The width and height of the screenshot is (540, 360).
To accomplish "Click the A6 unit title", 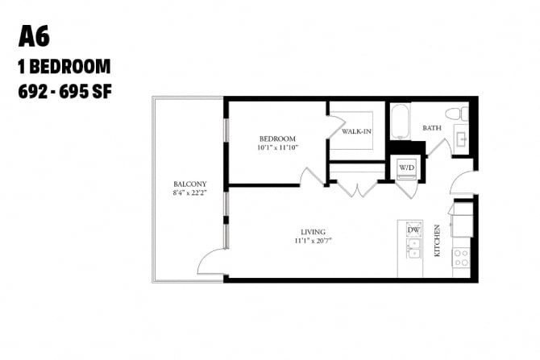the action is (x=34, y=36).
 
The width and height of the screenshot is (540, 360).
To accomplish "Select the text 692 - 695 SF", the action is (x=65, y=92).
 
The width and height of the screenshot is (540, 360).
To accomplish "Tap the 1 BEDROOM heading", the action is (x=64, y=66).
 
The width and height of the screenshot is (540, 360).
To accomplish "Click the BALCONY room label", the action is (x=189, y=184).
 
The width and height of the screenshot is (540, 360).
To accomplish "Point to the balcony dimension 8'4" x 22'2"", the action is (x=189, y=192).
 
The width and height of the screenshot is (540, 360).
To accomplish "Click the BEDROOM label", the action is (x=277, y=139).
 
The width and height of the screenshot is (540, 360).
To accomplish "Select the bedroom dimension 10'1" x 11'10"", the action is (x=277, y=147).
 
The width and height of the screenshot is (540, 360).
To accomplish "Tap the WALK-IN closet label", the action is (x=356, y=131).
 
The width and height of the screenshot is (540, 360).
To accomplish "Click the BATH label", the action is (x=432, y=128).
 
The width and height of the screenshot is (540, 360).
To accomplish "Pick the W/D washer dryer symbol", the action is (x=407, y=168).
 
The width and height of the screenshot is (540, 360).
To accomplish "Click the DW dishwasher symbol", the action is (x=413, y=230).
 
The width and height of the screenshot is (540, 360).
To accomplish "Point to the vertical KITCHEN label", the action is (x=437, y=241).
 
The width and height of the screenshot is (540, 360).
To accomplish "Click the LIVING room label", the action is (x=313, y=232).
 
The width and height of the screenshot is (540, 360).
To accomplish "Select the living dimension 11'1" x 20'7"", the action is (x=313, y=241).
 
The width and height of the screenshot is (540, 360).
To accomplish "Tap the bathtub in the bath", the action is (x=401, y=122).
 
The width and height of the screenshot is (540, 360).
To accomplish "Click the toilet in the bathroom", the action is (x=457, y=114).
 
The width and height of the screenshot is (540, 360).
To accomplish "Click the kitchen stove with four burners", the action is (x=461, y=259).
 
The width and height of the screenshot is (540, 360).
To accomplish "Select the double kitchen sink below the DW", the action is (x=413, y=249).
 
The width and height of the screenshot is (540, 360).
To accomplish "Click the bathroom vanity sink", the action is (x=462, y=139).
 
